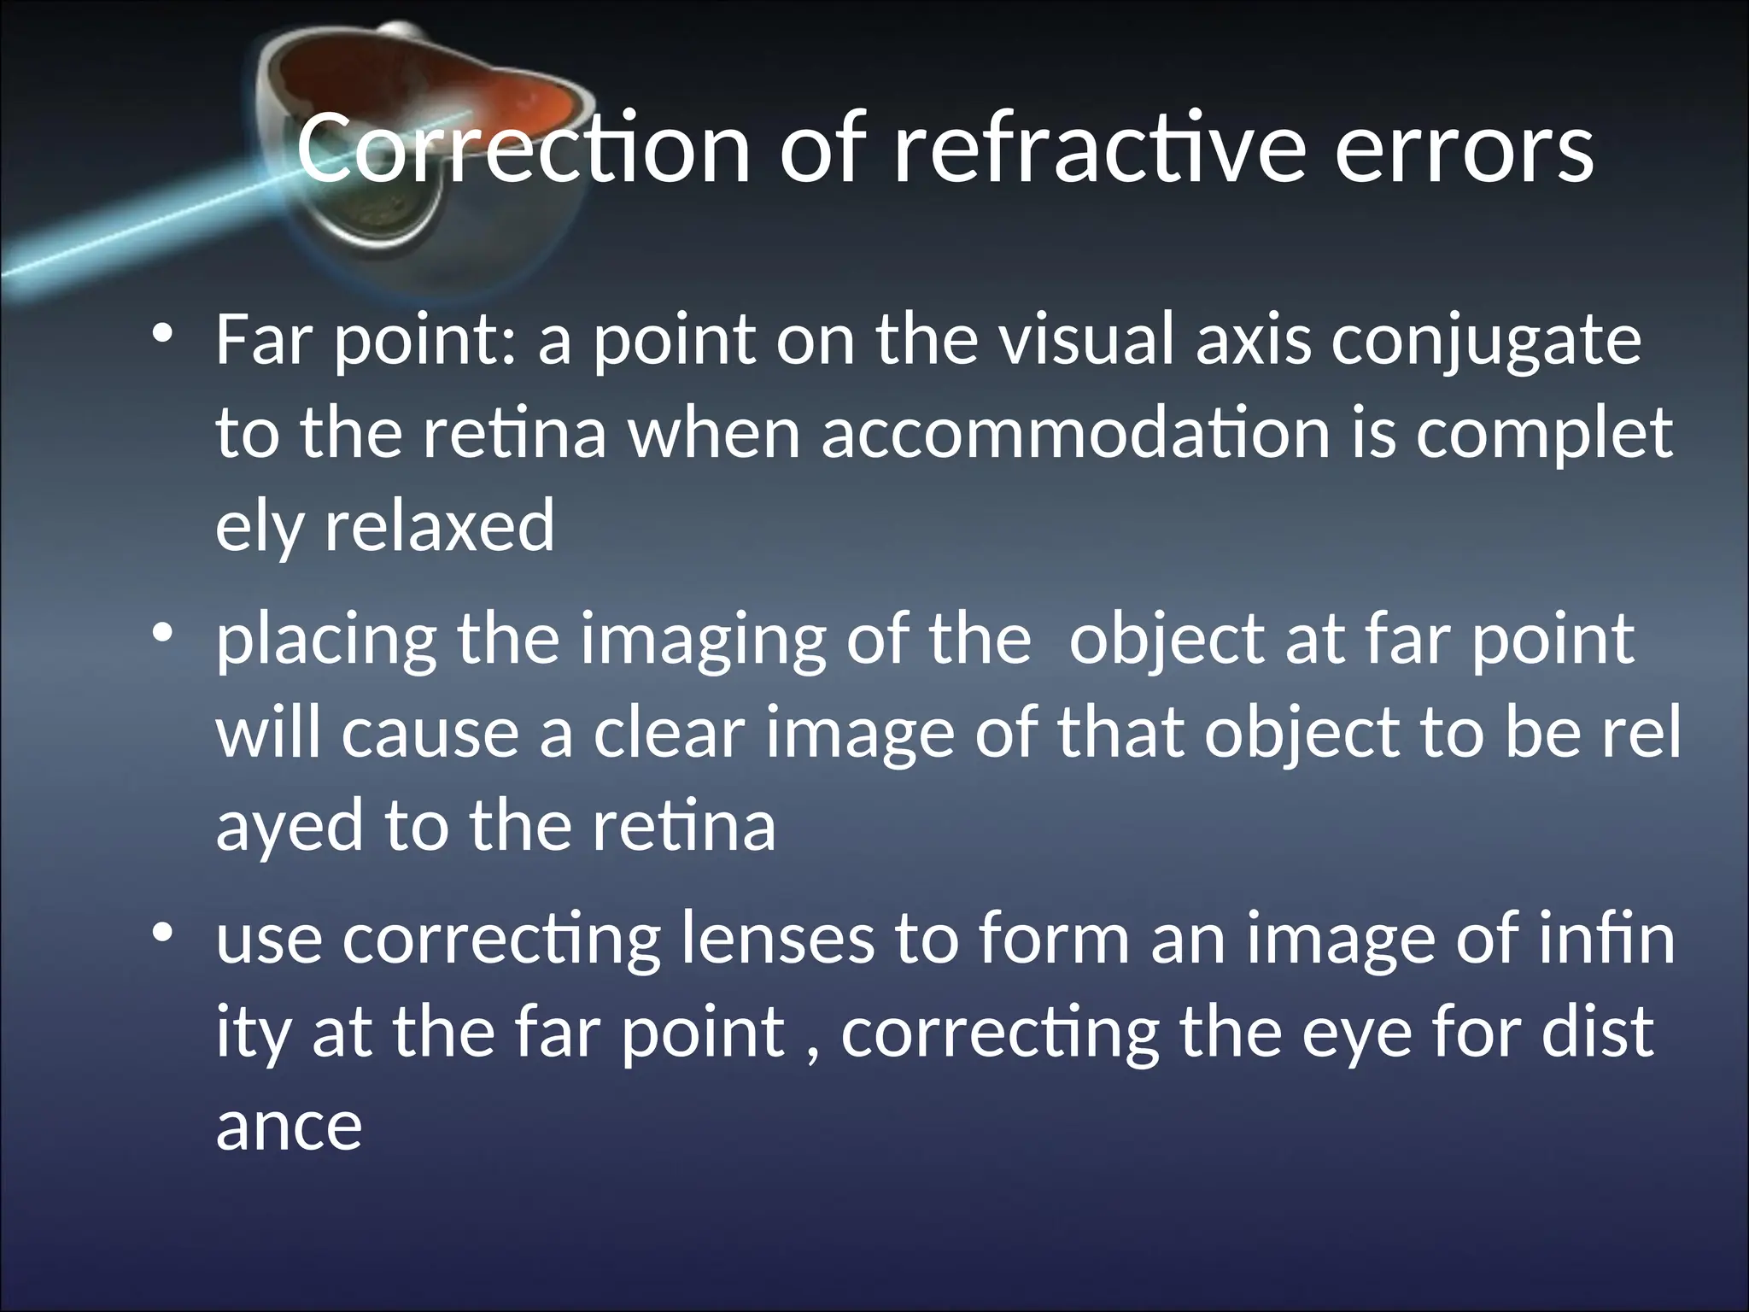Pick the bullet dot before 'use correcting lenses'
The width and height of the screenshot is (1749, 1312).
point(163,932)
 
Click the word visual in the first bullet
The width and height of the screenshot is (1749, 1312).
point(1086,340)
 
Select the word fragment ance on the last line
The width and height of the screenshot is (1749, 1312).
point(289,1126)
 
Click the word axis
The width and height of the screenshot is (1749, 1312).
point(1253,340)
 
